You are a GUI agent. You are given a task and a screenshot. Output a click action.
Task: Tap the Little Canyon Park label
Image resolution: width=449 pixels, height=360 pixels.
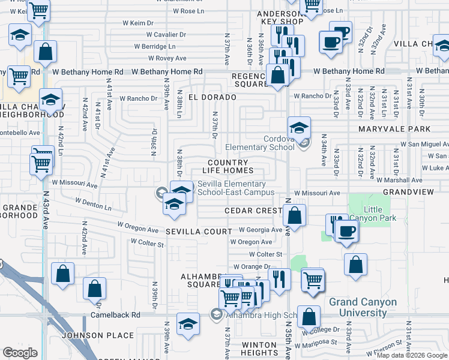[381, 214]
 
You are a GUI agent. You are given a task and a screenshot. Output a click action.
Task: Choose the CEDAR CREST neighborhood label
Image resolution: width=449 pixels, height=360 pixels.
[253, 211]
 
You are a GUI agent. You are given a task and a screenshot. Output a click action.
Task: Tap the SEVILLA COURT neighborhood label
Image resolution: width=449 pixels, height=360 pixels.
[198, 232]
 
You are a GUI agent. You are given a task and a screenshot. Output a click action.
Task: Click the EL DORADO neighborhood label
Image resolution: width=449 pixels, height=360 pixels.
[209, 97]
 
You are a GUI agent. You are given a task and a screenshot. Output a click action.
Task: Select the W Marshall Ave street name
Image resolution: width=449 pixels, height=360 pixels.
[399, 179]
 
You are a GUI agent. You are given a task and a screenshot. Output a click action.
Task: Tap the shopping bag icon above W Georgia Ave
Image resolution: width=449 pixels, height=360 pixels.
[294, 214]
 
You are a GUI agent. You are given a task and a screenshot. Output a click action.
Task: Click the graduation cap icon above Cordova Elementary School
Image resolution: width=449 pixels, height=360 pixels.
[298, 127]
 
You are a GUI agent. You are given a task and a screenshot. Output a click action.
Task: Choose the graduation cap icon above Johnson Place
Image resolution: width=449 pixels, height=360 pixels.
[188, 324]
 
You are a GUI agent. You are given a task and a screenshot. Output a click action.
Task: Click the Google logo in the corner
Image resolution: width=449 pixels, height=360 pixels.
[20, 352]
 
